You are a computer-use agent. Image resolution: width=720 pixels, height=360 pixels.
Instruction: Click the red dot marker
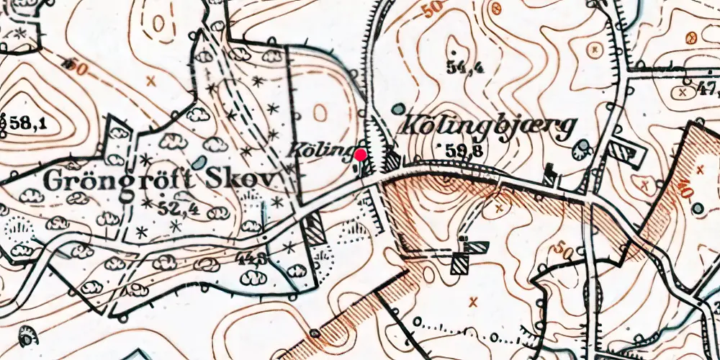pyautogui.click(x=361, y=153)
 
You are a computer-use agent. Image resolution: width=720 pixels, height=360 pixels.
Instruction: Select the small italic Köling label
pyautogui.click(x=320, y=150)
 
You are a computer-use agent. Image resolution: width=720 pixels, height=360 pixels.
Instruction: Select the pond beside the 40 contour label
pyautogui.click(x=696, y=208)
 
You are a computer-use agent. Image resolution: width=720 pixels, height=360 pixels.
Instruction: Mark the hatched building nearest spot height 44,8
pyautogui.click(x=313, y=230)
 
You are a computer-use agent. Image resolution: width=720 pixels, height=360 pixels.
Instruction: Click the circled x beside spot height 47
pyautogui.click(x=683, y=91)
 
